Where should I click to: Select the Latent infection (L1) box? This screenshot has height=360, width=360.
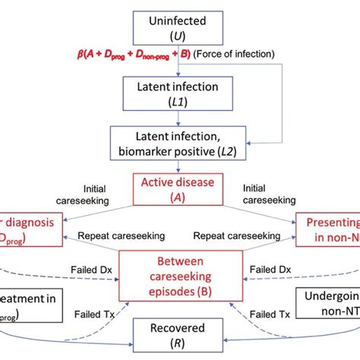(181, 94)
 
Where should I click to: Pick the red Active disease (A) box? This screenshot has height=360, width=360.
(181, 187)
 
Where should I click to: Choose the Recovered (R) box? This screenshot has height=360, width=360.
(181, 332)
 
